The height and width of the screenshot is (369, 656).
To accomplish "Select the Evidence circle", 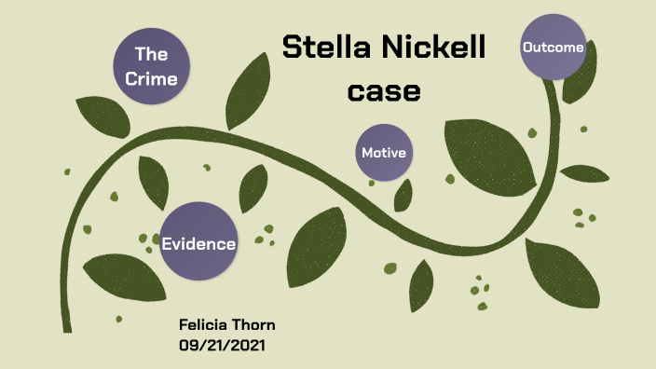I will click(198, 242).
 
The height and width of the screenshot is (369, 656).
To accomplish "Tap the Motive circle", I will click(384, 152).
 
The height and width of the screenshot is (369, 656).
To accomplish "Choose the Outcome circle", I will click(553, 47).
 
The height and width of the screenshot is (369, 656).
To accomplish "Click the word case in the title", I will click(384, 91).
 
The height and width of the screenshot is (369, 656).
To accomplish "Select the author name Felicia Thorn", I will click(226, 324).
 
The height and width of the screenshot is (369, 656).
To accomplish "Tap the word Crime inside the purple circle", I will click(151, 78).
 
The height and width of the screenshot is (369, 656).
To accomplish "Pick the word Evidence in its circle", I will click(198, 244).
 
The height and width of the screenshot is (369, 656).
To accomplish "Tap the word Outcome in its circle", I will click(553, 48).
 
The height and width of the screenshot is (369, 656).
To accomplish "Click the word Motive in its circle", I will click(384, 153).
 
